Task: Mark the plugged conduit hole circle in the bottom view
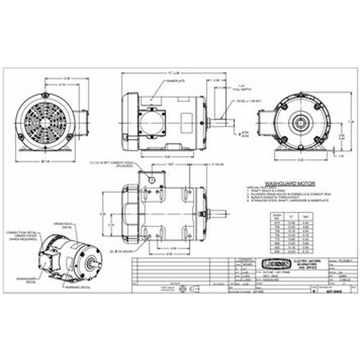click(152, 179)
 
